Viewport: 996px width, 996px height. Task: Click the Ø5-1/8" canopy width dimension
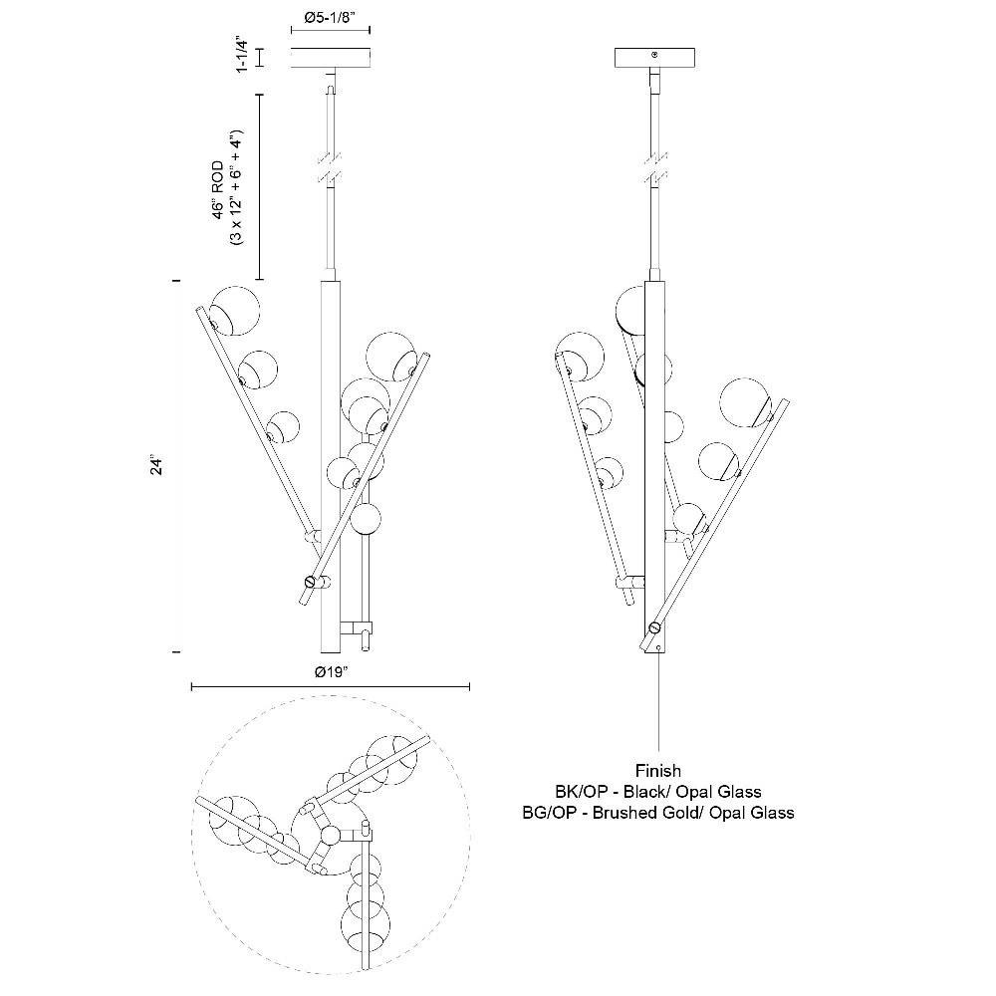[x=331, y=18]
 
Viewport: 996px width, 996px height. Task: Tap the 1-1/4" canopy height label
[x=241, y=55]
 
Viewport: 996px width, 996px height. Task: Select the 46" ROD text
[x=218, y=190]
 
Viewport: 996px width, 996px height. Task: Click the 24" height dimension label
[x=156, y=464]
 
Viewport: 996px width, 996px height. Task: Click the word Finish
[x=658, y=771]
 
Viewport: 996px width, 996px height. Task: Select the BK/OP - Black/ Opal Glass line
[x=658, y=792]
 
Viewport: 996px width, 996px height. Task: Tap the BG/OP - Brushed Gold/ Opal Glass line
[x=658, y=813]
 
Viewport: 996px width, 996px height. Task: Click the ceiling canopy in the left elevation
[x=331, y=59]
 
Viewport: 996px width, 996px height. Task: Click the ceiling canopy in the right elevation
[x=655, y=58]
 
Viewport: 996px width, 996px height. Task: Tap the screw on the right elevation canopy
[x=655, y=55]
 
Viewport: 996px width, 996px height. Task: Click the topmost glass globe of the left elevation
[x=234, y=311]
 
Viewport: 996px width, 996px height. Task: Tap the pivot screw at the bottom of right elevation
[x=654, y=628]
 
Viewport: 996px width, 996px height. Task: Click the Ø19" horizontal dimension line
[x=331, y=686]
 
